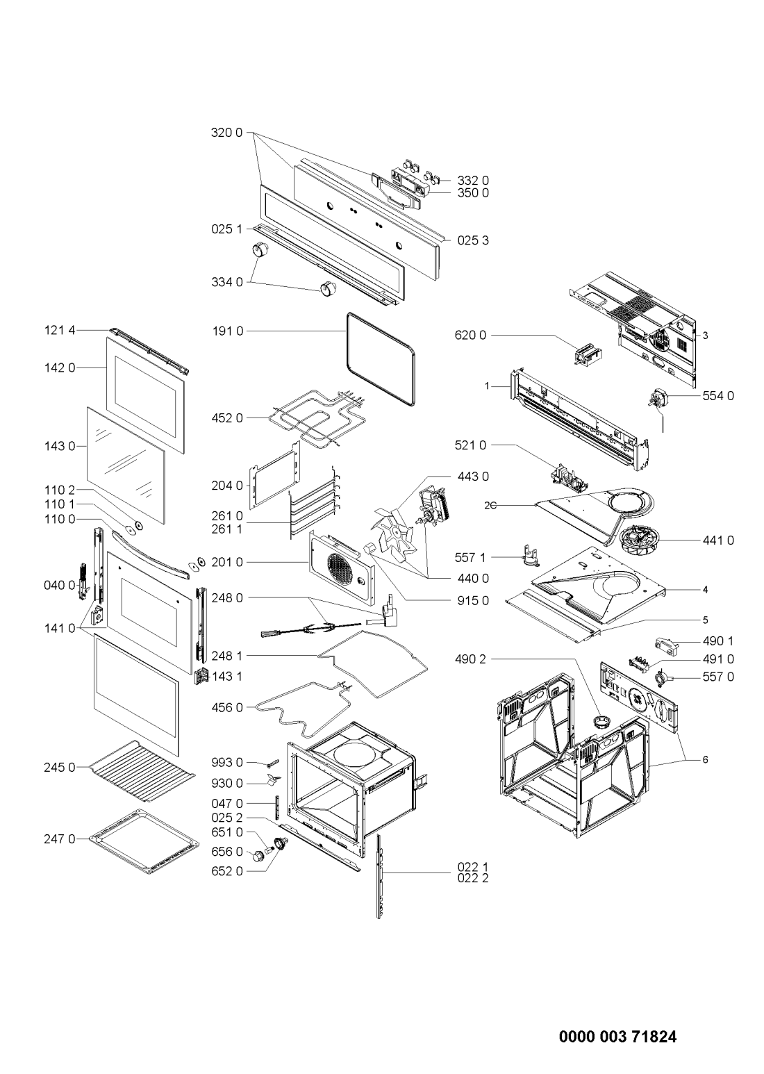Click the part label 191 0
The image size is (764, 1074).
(229, 332)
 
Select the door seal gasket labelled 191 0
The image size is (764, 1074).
(381, 359)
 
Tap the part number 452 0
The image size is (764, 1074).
(229, 418)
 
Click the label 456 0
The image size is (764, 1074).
(229, 707)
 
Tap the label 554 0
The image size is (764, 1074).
(720, 396)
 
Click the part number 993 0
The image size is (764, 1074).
(229, 763)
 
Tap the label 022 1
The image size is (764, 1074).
(474, 867)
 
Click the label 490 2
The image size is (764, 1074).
(472, 658)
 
